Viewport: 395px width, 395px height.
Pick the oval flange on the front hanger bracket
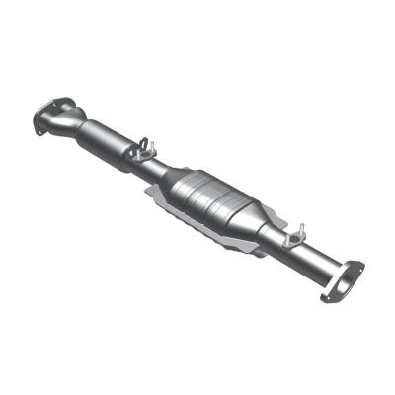[147, 149]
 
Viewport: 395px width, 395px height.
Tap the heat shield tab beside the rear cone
[260, 249]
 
